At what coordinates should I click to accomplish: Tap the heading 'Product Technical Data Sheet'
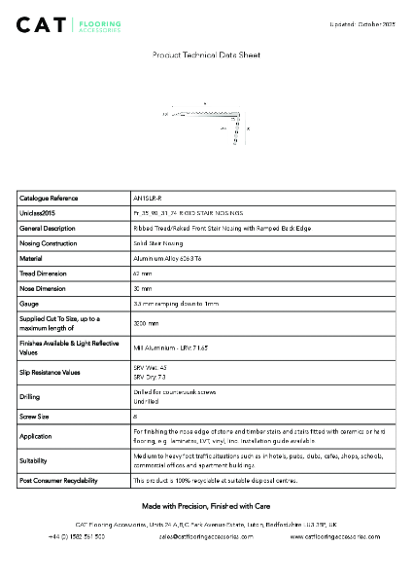[x=206, y=56]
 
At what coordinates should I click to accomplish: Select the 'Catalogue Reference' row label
[x=49, y=198]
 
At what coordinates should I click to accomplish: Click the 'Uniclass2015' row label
[x=38, y=212]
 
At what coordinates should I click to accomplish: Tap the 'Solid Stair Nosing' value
[x=157, y=242]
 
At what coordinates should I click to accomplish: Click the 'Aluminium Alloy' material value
[x=167, y=258]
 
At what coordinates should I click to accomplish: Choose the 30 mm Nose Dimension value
[x=142, y=289]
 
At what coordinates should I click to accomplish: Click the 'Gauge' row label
[x=29, y=305]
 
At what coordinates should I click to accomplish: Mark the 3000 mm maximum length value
[x=146, y=323]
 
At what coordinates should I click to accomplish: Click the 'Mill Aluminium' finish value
[x=169, y=347]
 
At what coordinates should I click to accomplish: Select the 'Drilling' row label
[x=30, y=397]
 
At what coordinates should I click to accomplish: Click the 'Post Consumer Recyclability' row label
[x=58, y=481]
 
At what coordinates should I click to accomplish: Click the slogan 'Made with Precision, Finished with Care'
[x=206, y=506]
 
